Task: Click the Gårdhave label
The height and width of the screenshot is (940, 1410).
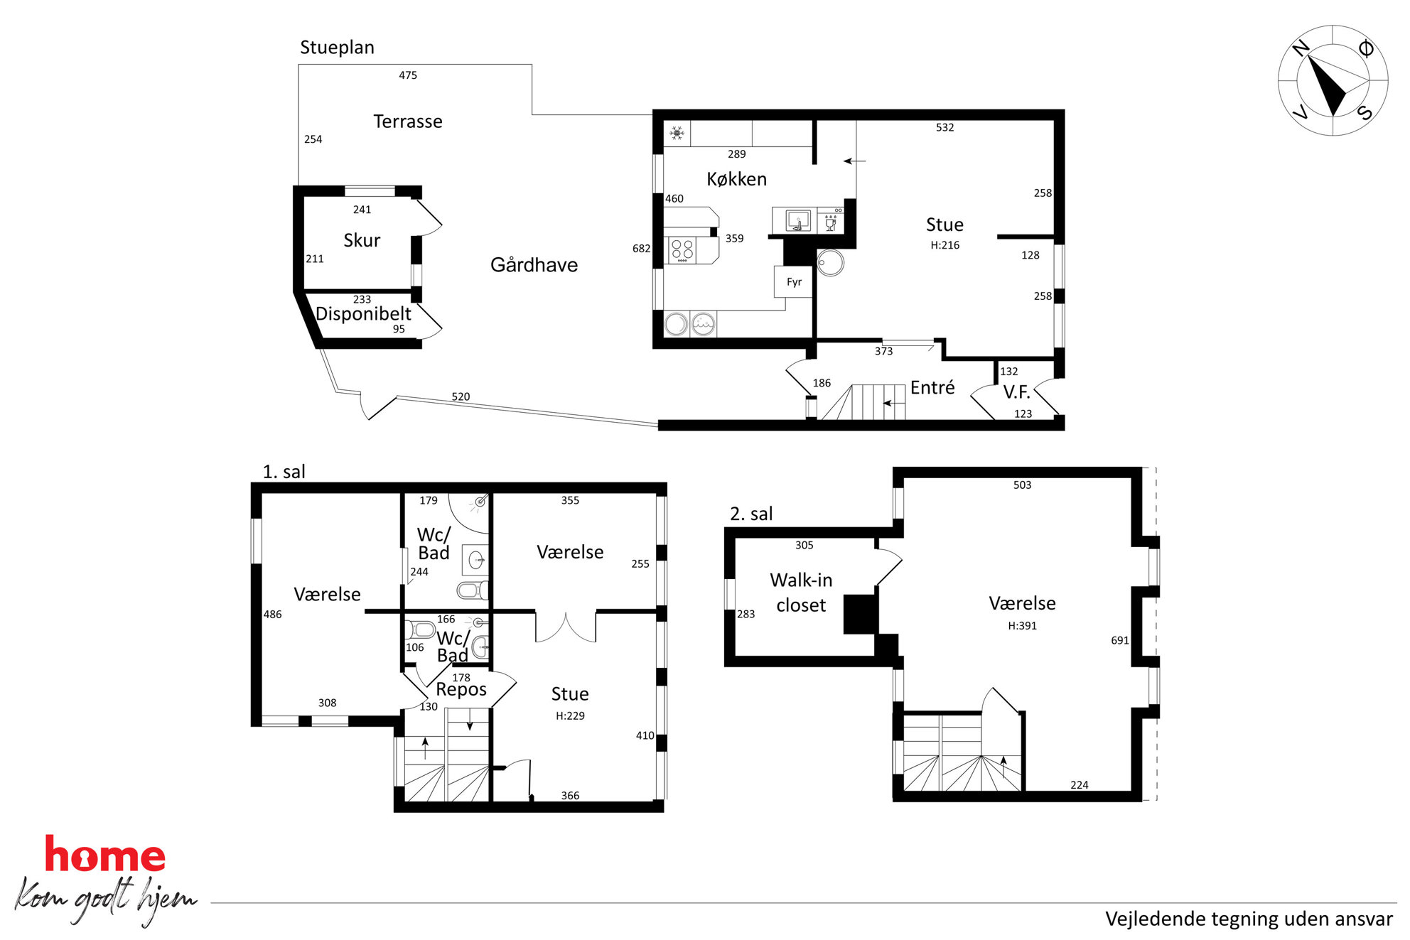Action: tap(534, 265)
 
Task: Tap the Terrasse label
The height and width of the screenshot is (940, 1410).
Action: tap(408, 121)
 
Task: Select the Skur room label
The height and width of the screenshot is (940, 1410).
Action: tap(362, 240)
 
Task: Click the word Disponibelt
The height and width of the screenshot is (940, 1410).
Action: tap(363, 314)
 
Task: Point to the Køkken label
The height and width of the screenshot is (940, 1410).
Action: tap(737, 179)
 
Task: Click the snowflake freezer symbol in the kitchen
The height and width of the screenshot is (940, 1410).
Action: tap(677, 133)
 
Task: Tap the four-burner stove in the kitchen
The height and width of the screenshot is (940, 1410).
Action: tap(683, 250)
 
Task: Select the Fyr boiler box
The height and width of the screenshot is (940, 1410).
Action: tap(793, 282)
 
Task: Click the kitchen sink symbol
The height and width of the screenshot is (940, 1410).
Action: tap(798, 221)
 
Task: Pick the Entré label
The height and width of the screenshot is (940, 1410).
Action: tap(932, 388)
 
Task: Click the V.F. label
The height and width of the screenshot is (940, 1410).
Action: tap(1016, 392)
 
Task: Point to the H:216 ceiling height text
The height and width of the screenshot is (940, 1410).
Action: tap(945, 245)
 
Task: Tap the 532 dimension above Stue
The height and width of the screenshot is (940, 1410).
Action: tap(945, 128)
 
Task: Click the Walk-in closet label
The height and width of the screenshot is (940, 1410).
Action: tap(801, 593)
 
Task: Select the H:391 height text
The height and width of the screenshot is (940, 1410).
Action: tap(1022, 626)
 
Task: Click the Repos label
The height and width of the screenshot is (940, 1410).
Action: tap(461, 690)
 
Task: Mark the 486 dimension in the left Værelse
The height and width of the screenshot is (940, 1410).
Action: tap(273, 615)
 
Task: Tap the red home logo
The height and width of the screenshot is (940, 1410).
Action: tap(105, 854)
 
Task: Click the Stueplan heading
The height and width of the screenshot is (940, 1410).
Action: tap(337, 48)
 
